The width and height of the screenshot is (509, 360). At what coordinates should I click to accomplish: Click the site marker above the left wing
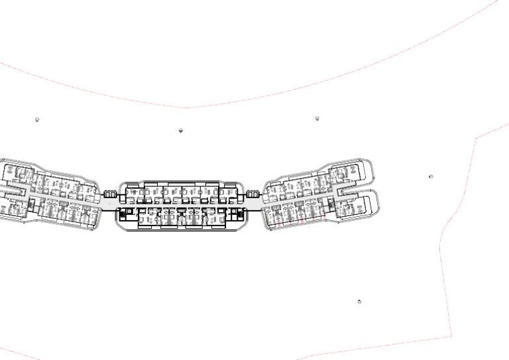(x=37, y=120)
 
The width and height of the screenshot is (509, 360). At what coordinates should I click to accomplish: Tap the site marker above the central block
(x=180, y=131)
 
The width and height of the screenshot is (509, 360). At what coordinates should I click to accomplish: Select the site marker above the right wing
(x=317, y=119)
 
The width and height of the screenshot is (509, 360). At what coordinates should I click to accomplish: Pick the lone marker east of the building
(x=431, y=177)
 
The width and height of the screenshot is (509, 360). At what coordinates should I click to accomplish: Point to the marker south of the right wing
(x=359, y=302)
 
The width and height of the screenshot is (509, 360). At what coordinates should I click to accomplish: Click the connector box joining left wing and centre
(x=111, y=194)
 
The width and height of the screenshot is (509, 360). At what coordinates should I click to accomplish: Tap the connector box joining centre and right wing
(x=252, y=194)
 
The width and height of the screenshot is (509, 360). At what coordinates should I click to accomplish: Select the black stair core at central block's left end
(x=123, y=213)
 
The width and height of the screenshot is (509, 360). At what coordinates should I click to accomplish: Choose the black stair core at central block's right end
(x=237, y=213)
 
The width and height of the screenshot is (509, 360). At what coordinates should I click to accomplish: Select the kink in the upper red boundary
(x=187, y=107)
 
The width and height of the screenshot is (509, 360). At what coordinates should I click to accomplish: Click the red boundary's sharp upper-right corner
(x=476, y=139)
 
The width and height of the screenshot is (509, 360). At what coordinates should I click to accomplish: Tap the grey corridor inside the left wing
(x=60, y=199)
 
